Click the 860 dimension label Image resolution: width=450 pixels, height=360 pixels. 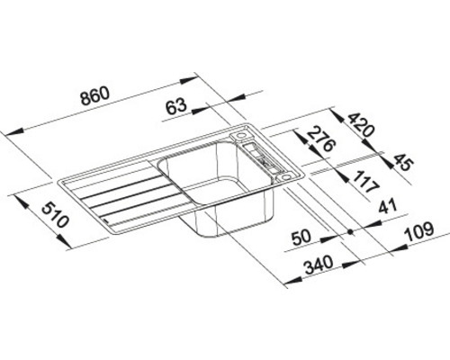(94, 95)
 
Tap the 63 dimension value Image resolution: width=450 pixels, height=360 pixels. (176, 106)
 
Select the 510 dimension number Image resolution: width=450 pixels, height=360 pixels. (55, 214)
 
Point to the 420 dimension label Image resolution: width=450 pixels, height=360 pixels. (362, 124)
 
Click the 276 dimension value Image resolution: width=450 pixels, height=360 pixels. (321, 139)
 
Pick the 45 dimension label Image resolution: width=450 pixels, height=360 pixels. (403, 162)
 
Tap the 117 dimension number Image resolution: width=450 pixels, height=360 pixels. (364, 182)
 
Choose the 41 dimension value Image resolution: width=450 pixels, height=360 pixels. (387, 207)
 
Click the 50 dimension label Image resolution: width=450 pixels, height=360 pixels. (301, 238)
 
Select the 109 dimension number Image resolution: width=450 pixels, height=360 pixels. (419, 229)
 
